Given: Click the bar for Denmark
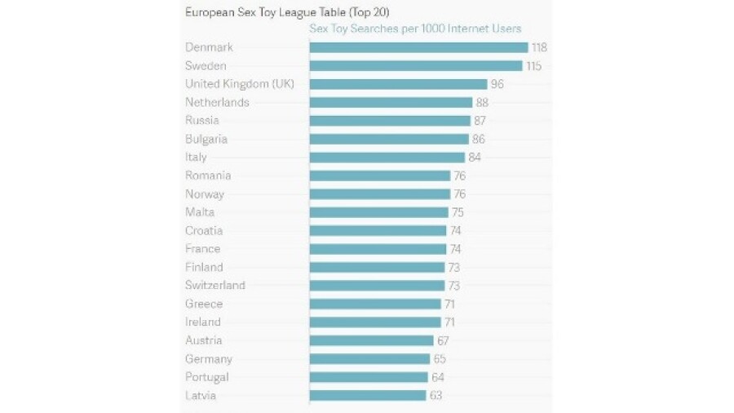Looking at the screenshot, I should (418, 47).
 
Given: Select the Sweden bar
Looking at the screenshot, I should (416, 66).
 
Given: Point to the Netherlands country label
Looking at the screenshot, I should (217, 103).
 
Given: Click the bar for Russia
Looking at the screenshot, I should (390, 121).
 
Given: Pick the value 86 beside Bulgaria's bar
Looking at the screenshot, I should (479, 140).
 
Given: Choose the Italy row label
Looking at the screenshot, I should (196, 158).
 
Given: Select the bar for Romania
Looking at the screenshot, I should (380, 175).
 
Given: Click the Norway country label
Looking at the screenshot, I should (205, 194).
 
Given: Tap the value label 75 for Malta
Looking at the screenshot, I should (458, 212).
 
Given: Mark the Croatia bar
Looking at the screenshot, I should (378, 231).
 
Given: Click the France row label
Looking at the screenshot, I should (202, 249).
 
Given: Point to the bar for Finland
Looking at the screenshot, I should (377, 267).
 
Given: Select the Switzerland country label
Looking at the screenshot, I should (215, 286).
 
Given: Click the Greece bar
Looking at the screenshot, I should (375, 304).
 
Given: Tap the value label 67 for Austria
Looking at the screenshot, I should (443, 340).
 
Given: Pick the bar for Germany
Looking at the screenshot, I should (369, 359).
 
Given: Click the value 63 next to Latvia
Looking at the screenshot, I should (436, 396).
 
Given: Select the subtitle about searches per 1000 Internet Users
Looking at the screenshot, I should (415, 29).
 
